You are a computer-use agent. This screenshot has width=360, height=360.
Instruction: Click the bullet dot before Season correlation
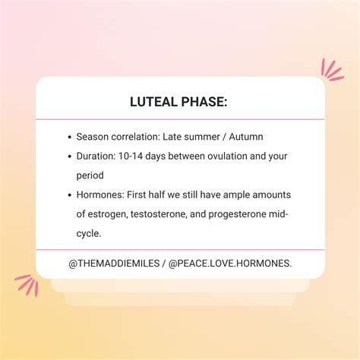(x=69, y=137)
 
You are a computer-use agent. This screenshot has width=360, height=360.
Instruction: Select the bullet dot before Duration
(x=69, y=156)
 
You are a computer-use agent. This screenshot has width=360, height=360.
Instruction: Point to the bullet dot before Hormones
(x=69, y=194)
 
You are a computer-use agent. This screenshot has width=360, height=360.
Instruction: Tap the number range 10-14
(x=134, y=156)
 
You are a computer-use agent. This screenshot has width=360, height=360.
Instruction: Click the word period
(x=90, y=175)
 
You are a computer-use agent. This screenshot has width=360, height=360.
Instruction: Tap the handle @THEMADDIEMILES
(x=115, y=262)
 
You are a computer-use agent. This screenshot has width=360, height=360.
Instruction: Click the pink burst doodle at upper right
(x=332, y=71)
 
